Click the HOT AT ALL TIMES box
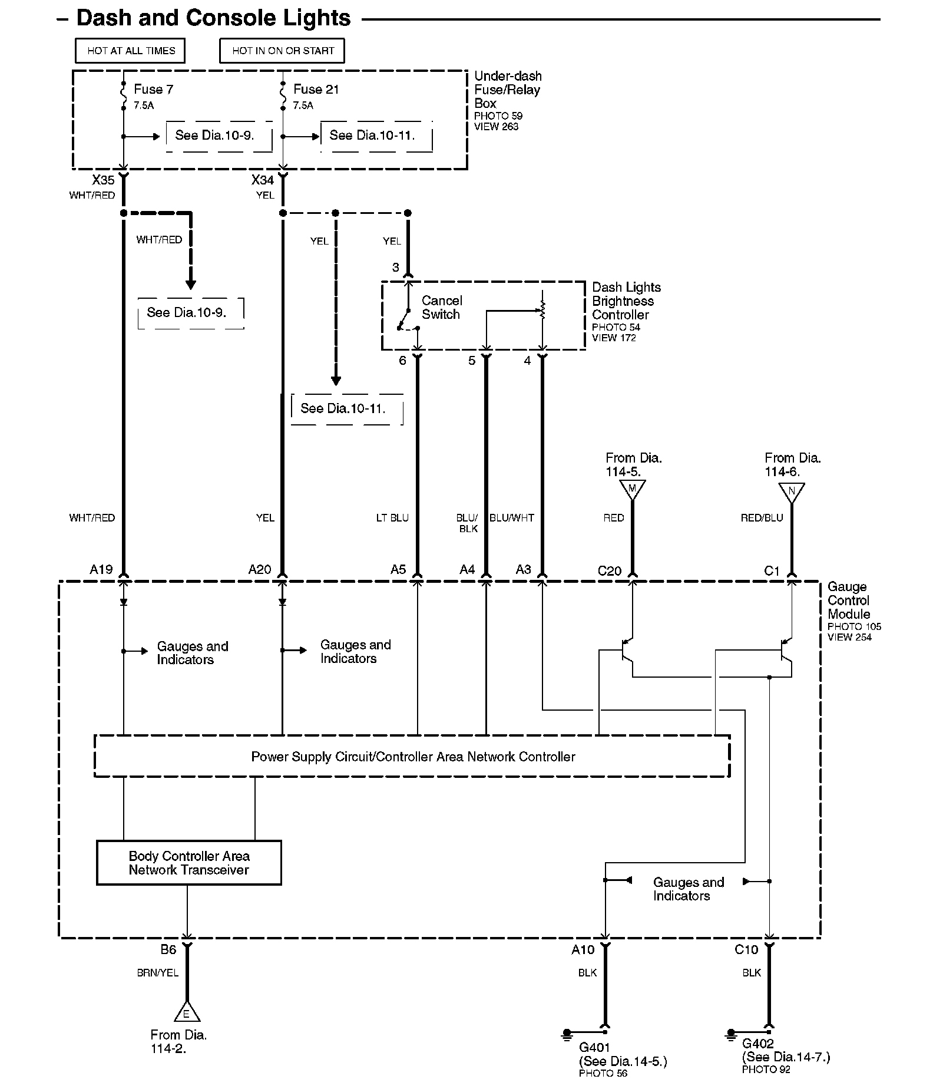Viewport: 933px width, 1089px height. pos(130,51)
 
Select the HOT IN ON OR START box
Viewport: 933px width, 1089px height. pos(282,51)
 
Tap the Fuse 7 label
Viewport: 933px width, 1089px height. pos(153,90)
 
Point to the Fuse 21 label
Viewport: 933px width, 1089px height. pos(316,90)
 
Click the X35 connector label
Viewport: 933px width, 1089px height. pos(103,180)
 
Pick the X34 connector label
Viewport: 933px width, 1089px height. pos(263,180)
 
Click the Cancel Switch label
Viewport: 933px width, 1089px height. pos(442,308)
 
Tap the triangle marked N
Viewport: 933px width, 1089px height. pos(792,491)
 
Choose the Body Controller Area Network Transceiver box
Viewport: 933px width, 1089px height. pos(188,863)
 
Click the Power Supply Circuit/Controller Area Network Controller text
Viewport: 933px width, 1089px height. pos(413,757)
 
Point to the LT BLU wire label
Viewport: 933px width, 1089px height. pos(392,518)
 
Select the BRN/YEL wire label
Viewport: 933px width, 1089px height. pos(158,973)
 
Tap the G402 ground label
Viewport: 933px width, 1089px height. pos(758,1044)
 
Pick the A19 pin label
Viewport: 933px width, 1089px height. pos(101,569)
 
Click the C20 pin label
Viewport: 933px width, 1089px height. pos(610,570)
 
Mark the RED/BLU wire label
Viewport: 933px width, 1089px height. pos(762,518)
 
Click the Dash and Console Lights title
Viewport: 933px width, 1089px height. pos(213,18)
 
